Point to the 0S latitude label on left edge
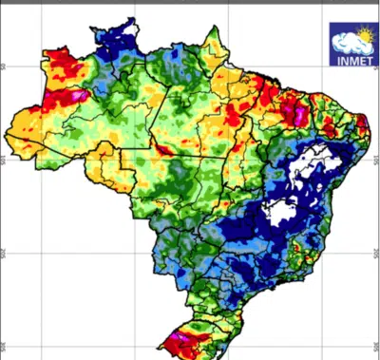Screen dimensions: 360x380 (4, 66)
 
